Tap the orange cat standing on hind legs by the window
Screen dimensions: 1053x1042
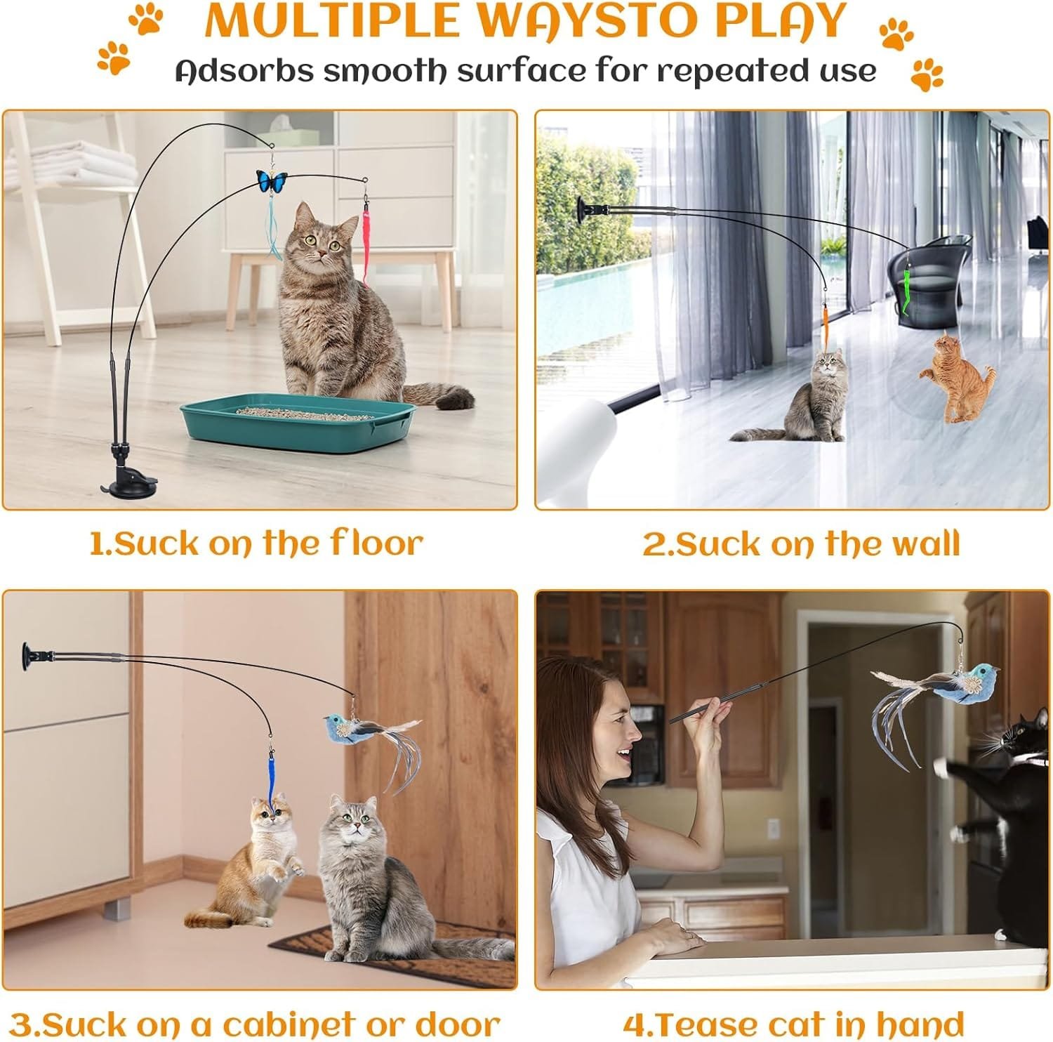click(956, 378)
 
